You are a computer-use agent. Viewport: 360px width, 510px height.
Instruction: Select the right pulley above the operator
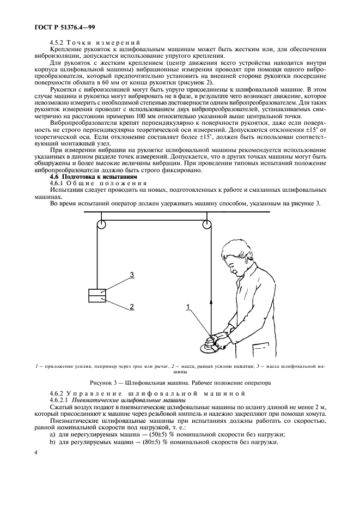pos(207,224)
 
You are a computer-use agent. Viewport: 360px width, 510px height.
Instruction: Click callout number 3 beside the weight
pos(131,274)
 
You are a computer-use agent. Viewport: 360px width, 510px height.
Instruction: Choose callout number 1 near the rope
pos(188,307)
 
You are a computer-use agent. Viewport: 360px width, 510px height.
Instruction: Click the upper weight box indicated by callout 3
pos(97,292)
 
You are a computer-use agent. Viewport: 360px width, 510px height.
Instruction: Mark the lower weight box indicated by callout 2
pos(97,299)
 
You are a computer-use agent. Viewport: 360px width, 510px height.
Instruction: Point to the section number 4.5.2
pos(58,44)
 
